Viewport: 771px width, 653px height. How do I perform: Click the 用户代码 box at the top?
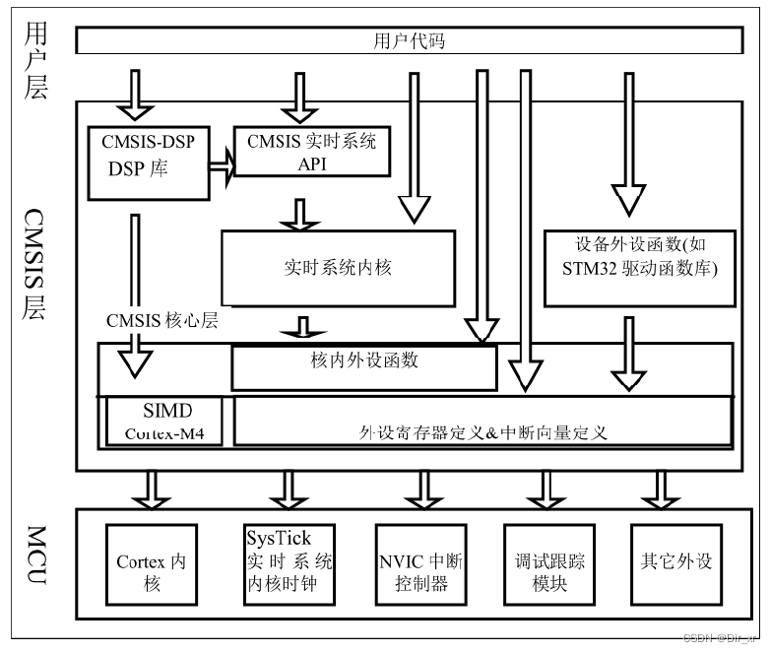click(x=408, y=41)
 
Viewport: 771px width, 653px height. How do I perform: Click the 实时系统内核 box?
click(x=338, y=267)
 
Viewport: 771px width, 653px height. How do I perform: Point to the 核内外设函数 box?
click(x=363, y=366)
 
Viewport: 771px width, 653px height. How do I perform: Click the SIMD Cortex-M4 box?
click(x=163, y=422)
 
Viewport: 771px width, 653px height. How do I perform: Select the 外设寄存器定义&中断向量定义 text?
click(x=482, y=431)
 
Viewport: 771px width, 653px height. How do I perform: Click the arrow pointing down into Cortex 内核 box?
click(x=153, y=489)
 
